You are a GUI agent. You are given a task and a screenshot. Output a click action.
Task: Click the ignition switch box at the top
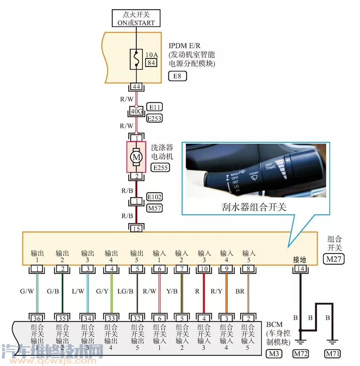coord(136,18)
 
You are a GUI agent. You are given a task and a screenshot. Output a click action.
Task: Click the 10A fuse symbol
coord(136,59)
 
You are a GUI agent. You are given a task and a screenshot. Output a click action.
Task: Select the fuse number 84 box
coord(151,62)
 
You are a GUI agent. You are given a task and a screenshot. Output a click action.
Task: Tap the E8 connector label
coord(177,76)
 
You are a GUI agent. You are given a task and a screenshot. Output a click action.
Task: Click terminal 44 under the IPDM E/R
coord(136,87)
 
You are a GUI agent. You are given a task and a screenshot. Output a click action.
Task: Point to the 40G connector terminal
coord(136,111)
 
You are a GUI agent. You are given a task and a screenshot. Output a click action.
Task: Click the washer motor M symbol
coord(136,157)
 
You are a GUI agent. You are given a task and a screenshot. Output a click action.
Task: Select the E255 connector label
coord(160,168)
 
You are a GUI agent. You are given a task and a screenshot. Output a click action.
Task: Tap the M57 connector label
coord(154,208)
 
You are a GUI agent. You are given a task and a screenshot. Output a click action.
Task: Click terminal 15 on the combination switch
coord(136,228)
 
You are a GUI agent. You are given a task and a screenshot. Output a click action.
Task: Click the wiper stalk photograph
coord(256,170)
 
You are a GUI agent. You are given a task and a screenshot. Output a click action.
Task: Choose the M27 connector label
coord(334,259)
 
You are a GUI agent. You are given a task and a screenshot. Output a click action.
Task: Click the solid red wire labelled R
coord(204,293)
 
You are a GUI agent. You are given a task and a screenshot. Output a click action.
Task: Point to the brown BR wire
coord(248,293)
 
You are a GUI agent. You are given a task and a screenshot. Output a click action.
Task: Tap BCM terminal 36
coord(37,318)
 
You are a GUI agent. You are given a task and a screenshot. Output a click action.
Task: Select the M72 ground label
coord(300,354)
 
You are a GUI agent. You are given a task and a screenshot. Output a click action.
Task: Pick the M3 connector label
coord(274,354)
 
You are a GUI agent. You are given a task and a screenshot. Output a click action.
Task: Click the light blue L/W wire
coord(88,293)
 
